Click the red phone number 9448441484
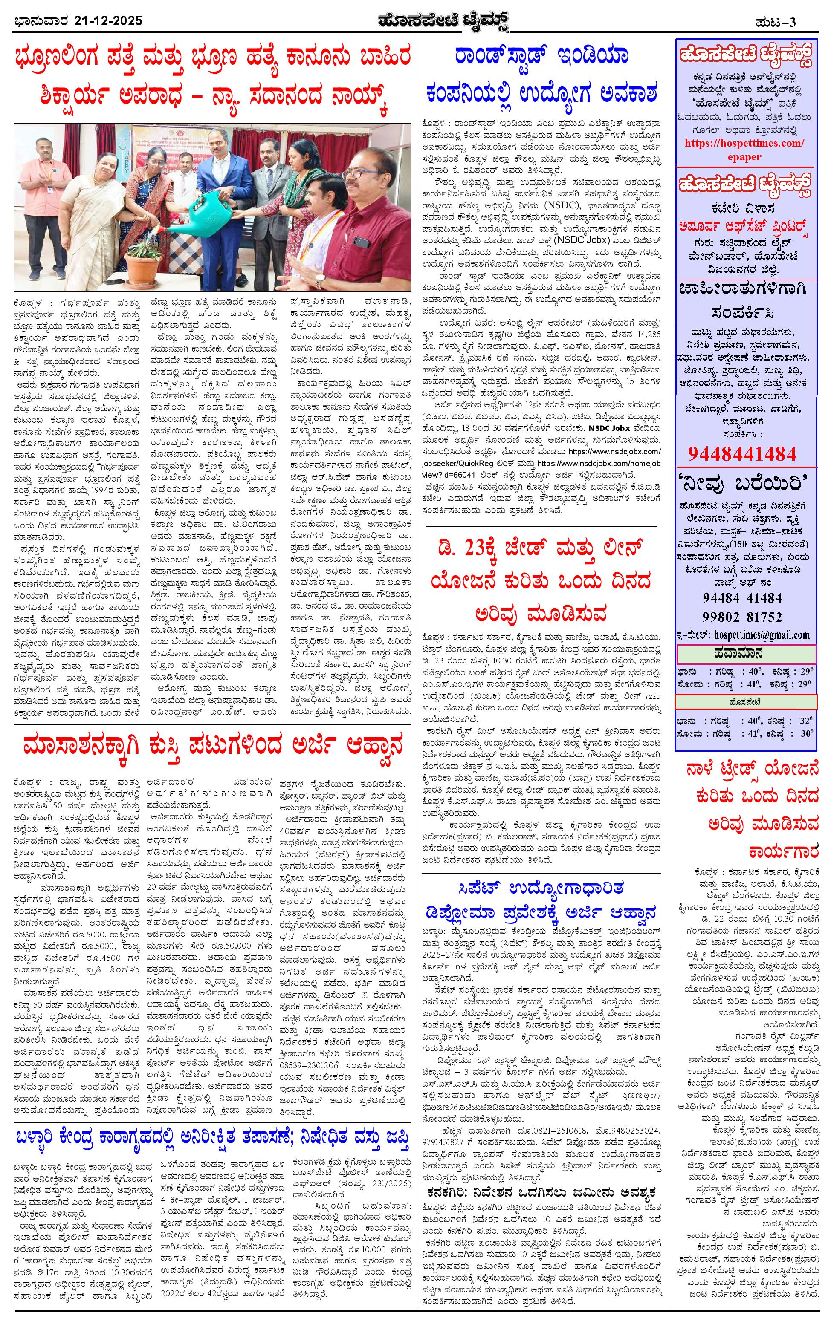coord(741,453)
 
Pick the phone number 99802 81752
coord(742,617)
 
